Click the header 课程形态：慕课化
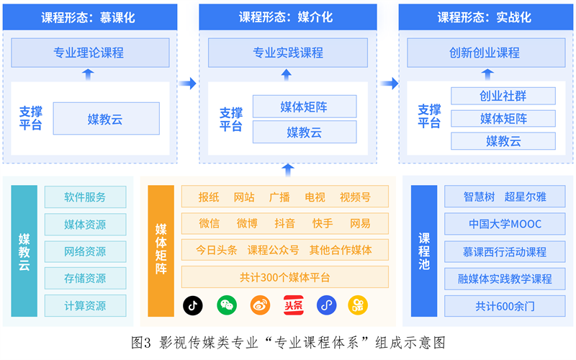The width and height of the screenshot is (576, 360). click(x=89, y=17)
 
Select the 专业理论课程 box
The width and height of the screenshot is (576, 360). click(x=89, y=53)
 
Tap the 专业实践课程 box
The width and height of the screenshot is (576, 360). click(x=288, y=53)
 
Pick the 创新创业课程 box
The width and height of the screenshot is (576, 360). click(x=485, y=53)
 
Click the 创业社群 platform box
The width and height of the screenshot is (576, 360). click(x=503, y=96)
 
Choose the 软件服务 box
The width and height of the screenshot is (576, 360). click(x=85, y=197)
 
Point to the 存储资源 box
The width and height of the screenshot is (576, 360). click(x=85, y=278)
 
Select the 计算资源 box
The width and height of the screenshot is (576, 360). click(x=85, y=305)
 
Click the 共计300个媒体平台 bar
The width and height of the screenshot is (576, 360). click(x=285, y=277)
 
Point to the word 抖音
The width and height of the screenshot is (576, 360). click(x=285, y=223)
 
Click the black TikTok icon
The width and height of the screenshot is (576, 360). click(x=193, y=305)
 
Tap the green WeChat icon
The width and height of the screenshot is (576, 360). click(x=227, y=305)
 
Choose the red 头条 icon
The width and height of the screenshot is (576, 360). click(x=292, y=305)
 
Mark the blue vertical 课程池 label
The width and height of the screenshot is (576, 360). click(x=424, y=251)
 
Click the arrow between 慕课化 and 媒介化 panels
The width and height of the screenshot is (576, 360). click(x=187, y=84)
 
